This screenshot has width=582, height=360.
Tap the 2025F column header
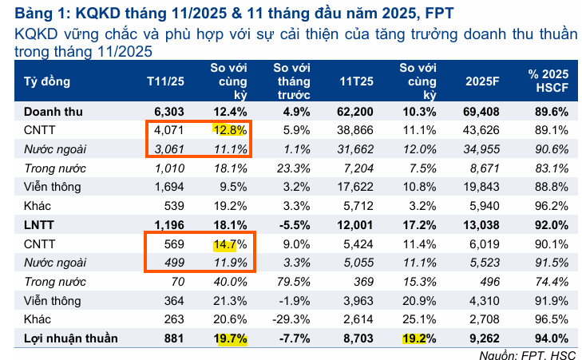[482, 81]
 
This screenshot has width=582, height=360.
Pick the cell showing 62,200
[356, 111]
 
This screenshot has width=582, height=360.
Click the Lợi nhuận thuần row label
[70, 338]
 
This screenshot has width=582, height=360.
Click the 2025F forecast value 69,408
[482, 111]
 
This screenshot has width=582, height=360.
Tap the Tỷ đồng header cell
[47, 81]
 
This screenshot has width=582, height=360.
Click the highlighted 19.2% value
[420, 338]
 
